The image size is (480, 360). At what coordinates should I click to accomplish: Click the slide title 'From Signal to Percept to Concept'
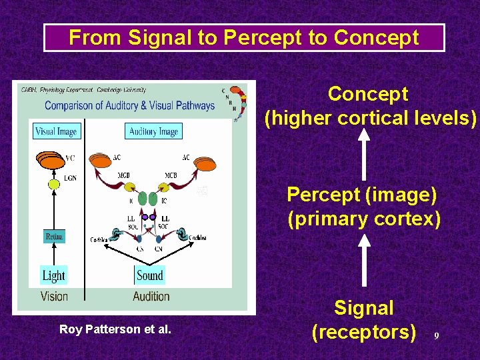click(244, 38)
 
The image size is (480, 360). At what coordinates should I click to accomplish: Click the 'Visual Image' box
click(56, 131)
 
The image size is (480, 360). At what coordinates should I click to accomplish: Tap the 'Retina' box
click(54, 237)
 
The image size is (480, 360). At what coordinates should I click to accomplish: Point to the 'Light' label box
click(54, 275)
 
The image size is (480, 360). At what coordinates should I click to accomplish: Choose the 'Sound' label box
click(150, 275)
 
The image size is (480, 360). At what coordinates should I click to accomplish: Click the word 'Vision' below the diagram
click(54, 296)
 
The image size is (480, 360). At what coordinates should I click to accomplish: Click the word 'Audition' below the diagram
click(151, 296)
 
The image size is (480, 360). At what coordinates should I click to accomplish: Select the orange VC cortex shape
click(51, 161)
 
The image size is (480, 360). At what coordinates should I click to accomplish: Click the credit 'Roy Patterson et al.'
click(115, 329)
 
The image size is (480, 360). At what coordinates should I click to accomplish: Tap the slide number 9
click(437, 336)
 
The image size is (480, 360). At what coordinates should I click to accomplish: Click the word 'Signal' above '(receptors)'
click(363, 308)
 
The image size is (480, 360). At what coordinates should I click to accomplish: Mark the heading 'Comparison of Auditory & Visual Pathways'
click(130, 105)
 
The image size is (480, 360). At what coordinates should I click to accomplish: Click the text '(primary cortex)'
click(364, 219)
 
